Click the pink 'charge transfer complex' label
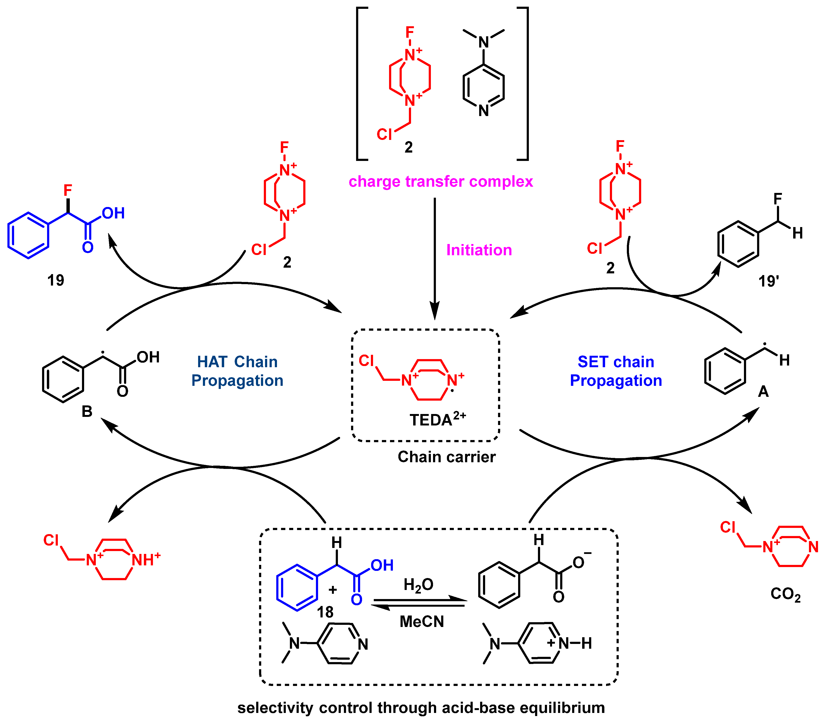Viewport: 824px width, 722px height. point(441,182)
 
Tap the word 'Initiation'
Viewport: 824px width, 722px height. point(479,250)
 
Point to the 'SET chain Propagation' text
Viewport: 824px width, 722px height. point(616,371)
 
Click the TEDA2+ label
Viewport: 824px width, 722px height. point(437,419)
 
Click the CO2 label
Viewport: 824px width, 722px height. point(785,594)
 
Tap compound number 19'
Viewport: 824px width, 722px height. point(768,281)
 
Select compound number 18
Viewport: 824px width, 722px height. point(325,612)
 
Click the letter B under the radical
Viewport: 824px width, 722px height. point(87,412)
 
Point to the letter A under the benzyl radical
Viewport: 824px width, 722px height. point(763,391)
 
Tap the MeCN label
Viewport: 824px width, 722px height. point(422,621)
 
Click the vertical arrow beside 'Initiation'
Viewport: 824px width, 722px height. point(434,258)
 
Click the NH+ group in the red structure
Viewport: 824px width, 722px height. point(146,560)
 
